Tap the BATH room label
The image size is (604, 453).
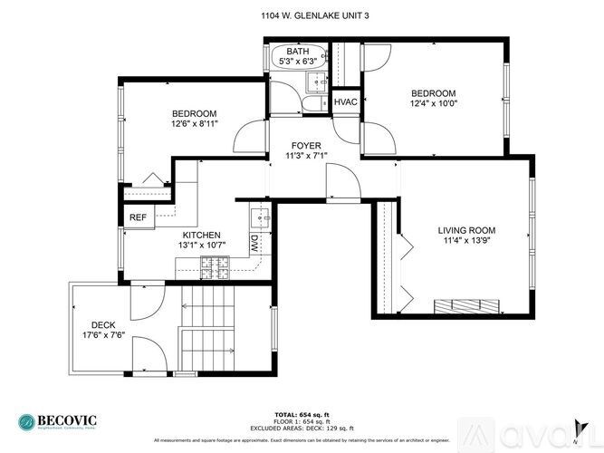tap(298, 52)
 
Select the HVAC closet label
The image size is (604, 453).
tap(346, 102)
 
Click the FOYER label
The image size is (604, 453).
tap(306, 145)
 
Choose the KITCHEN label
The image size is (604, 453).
tap(200, 235)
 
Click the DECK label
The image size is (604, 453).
tap(102, 325)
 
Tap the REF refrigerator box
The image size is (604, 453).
tap(138, 217)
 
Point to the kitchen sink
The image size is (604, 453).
tap(261, 217)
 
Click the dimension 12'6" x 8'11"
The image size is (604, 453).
tap(195, 124)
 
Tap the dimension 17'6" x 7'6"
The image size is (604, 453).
tap(102, 336)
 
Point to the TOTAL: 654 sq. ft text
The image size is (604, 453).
tap(302, 413)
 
